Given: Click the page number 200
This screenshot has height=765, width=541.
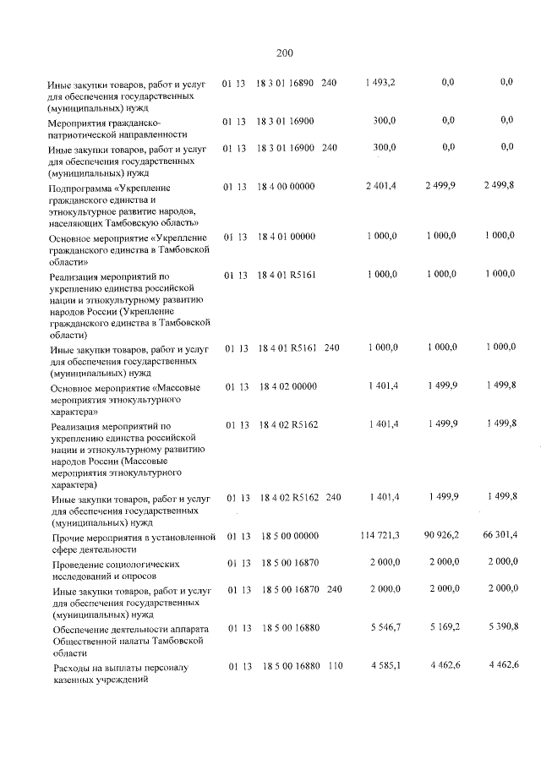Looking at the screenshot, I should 284,53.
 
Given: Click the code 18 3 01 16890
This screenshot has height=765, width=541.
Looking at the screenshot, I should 285,82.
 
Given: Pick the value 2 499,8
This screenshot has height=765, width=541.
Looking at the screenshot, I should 498,184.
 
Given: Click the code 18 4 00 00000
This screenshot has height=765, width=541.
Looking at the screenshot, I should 285,184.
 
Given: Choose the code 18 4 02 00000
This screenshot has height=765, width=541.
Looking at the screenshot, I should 285,385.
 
